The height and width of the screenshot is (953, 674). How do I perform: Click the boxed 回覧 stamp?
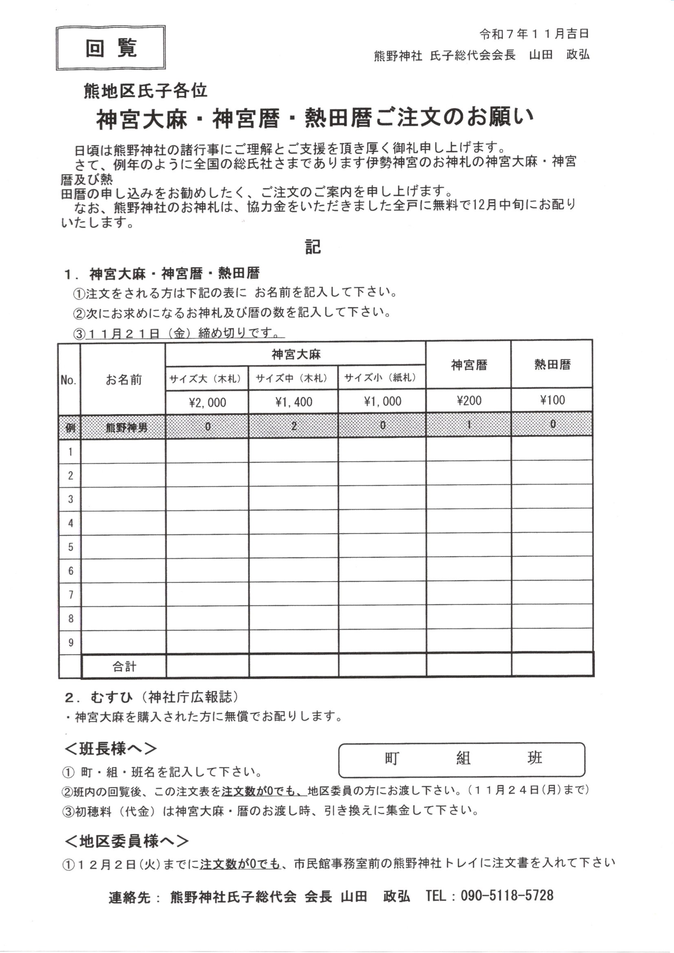pyautogui.click(x=111, y=48)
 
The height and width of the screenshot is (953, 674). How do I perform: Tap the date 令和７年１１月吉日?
pyautogui.click(x=534, y=33)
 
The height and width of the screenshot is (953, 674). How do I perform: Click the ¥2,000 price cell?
pyautogui.click(x=207, y=402)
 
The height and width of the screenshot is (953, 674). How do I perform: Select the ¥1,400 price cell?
pyautogui.click(x=293, y=402)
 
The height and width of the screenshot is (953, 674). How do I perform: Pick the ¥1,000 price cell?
pyautogui.click(x=382, y=401)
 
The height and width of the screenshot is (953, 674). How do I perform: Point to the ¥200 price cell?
pyautogui.click(x=469, y=401)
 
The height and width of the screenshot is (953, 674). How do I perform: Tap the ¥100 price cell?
pyautogui.click(x=553, y=400)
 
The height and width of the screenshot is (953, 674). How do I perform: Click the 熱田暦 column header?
pyautogui.click(x=553, y=364)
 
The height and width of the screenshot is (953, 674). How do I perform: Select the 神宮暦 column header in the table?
pyautogui.click(x=469, y=365)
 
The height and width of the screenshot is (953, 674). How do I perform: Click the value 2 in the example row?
pyautogui.click(x=294, y=426)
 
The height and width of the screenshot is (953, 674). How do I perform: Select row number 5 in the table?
pyautogui.click(x=70, y=547)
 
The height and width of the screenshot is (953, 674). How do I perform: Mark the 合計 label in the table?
pyautogui.click(x=124, y=666)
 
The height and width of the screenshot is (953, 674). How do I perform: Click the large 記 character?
pyautogui.click(x=313, y=247)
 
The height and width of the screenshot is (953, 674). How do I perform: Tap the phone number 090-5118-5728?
pyautogui.click(x=507, y=895)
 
